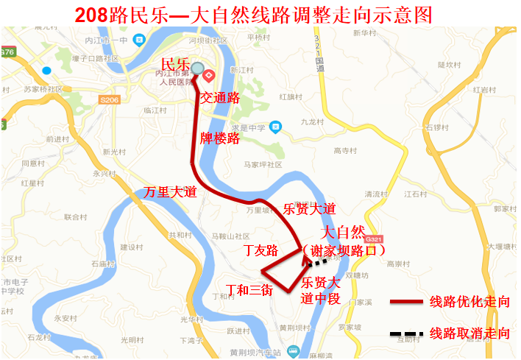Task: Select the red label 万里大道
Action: (x=170, y=191)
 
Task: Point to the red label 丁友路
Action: (x=261, y=250)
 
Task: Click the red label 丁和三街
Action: (x=249, y=290)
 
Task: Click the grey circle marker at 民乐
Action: (x=198, y=68)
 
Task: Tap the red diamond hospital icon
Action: (x=209, y=74)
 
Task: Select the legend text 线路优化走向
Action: (x=470, y=302)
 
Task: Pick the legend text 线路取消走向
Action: (x=470, y=333)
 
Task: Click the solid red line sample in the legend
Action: (x=406, y=302)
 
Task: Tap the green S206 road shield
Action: (x=110, y=99)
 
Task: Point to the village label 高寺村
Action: (x=344, y=152)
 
